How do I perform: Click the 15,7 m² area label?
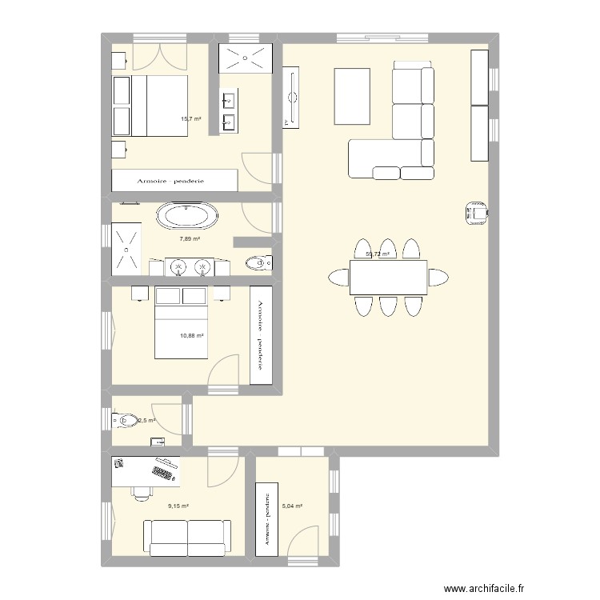pyautogui.click(x=190, y=119)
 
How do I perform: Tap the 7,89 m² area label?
pyautogui.click(x=190, y=238)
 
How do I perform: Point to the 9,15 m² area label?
pyautogui.click(x=178, y=506)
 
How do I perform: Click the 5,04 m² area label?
pyautogui.click(x=293, y=506)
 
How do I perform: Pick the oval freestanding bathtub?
pyautogui.click(x=186, y=216)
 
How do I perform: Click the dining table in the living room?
pyautogui.click(x=388, y=277)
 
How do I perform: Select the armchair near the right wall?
pyautogui.click(x=476, y=211)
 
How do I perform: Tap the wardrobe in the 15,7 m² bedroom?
pyautogui.click(x=174, y=180)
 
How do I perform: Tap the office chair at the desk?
pyautogui.click(x=142, y=490)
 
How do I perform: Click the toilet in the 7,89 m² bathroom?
pyautogui.click(x=256, y=262)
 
